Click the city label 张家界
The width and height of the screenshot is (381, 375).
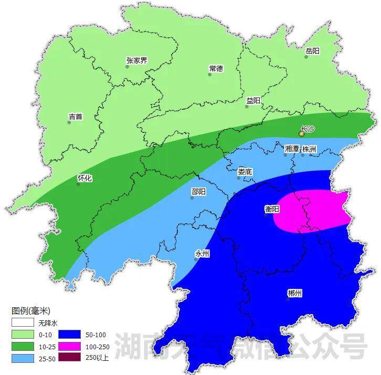tap(136, 60)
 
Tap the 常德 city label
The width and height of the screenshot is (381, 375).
tap(216, 68)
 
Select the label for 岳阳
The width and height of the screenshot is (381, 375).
tap(312, 51)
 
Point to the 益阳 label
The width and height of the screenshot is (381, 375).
tap(253, 100)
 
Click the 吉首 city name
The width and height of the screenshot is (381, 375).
tap(76, 117)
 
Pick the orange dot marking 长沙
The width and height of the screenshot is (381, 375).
tap(301, 134)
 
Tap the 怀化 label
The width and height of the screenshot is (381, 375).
tap(84, 178)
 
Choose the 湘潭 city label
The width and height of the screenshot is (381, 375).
tap(292, 149)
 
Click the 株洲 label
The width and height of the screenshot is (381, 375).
tap(309, 149)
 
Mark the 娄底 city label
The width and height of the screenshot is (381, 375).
tap(245, 171)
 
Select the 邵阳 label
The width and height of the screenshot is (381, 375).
tap(199, 192)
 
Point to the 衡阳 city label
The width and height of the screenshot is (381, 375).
tap(272, 209)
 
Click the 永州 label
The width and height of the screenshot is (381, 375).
tap(202, 253)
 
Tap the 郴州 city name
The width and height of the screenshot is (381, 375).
tap(295, 293)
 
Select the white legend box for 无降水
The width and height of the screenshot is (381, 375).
tap(23, 322)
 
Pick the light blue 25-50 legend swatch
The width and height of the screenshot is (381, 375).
tap(23, 358)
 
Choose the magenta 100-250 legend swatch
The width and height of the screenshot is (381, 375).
tap(70, 346)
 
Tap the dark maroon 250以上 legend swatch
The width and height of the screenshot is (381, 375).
tap(70, 358)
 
